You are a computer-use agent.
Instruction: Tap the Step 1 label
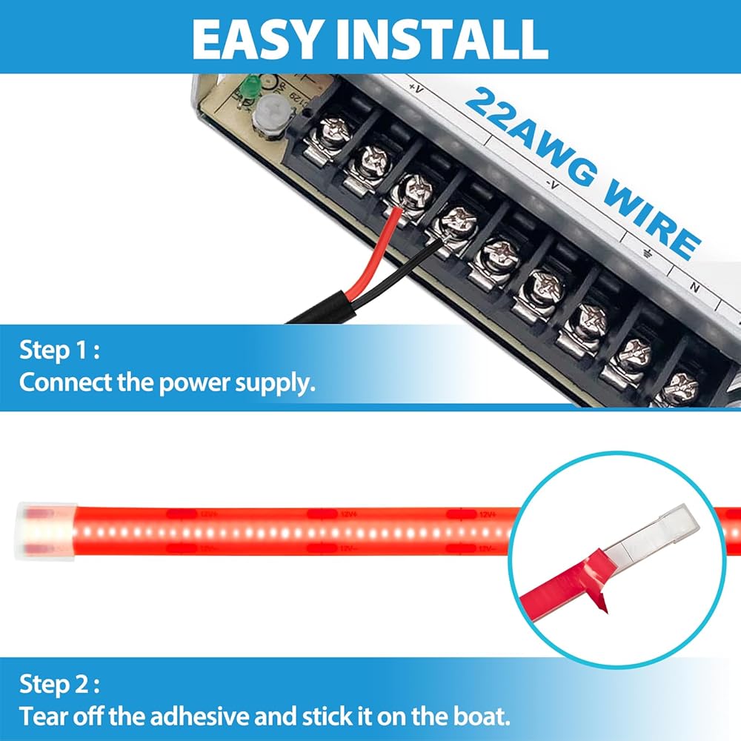tap(59, 350)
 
